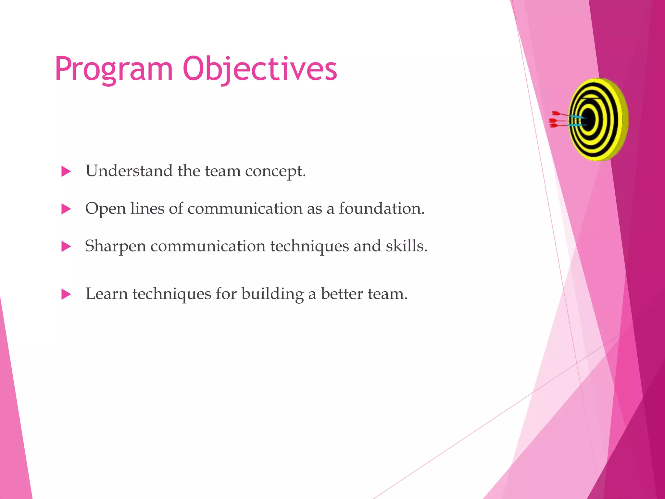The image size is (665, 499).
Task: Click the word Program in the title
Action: pos(114,69)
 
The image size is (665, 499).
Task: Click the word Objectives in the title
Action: pos(260,69)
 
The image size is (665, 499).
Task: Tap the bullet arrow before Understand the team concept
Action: pos(66,171)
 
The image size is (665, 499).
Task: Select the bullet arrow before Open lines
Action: pos(66,209)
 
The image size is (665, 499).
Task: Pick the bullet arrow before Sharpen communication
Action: pos(66,247)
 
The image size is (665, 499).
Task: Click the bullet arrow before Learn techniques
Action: pos(66,294)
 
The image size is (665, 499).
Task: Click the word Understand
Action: pos(129,171)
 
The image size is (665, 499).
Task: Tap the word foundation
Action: pos(382,208)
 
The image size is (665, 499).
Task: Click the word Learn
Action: pos(107,294)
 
